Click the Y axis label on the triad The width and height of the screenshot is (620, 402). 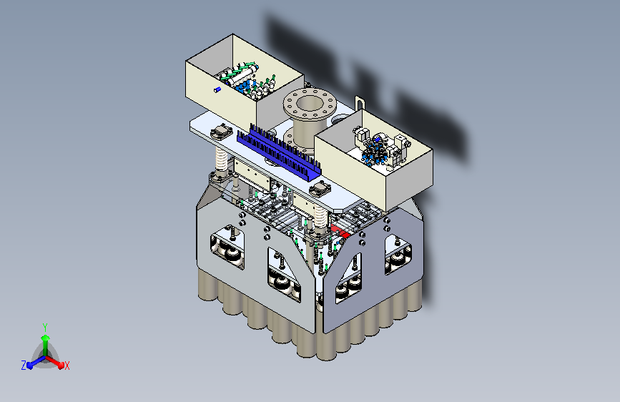45,327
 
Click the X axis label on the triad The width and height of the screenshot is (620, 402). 67,366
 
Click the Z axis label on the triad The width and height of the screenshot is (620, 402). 24,366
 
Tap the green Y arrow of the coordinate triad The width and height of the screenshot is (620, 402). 45,345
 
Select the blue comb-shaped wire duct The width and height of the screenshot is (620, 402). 279,152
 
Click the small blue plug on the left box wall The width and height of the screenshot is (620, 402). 217,90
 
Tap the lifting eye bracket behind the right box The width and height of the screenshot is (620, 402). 360,104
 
